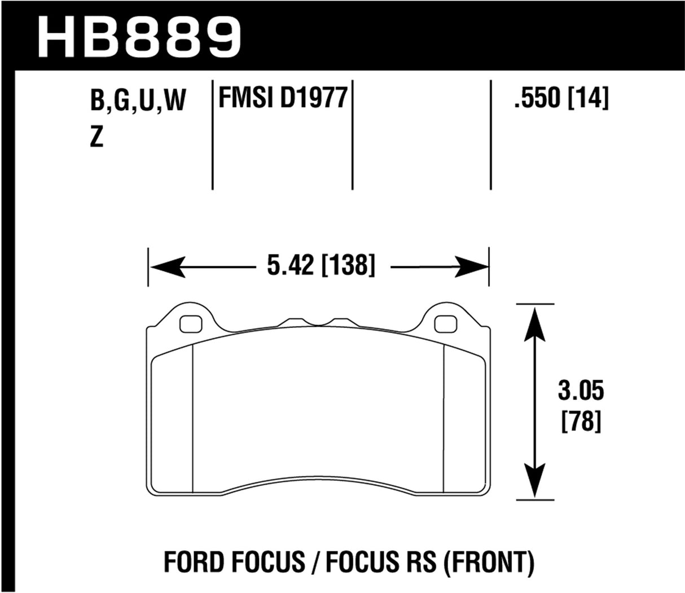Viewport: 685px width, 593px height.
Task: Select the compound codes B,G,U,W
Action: (x=138, y=102)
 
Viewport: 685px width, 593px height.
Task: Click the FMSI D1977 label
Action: (x=282, y=98)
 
